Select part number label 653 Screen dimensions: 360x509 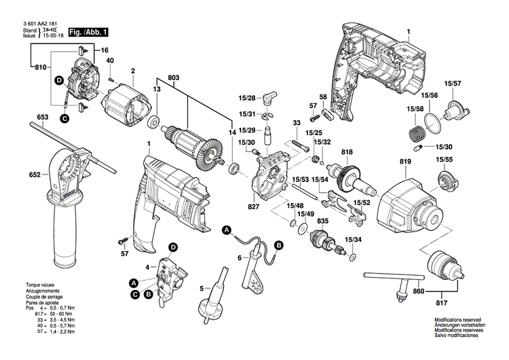[x=43, y=118]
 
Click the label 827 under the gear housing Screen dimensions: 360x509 [x=254, y=205]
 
